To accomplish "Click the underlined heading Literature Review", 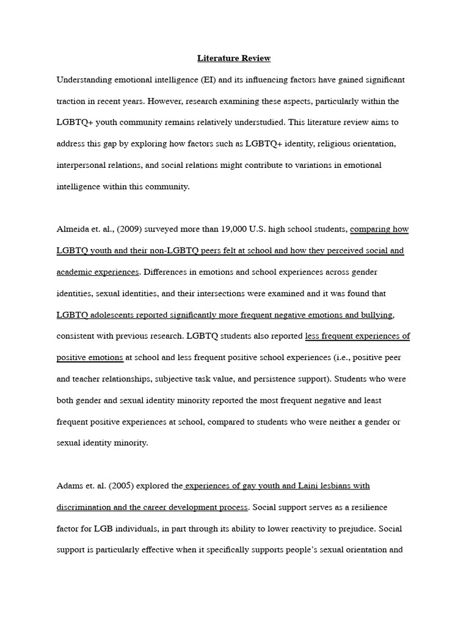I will (234, 59).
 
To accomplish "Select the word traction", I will (72, 101).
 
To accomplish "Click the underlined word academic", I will (76, 272).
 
